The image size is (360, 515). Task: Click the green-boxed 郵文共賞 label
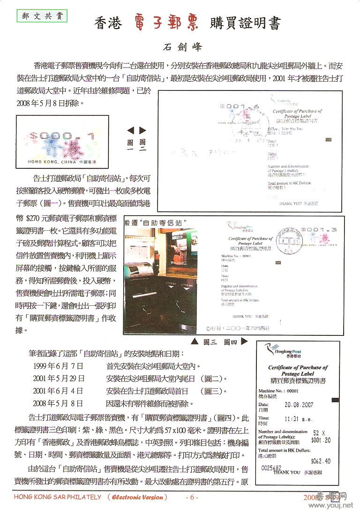42,16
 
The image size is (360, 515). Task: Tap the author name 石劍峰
180,47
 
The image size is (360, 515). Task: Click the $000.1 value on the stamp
62,136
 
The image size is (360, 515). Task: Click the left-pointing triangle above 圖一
131,130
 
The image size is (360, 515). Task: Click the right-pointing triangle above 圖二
142,130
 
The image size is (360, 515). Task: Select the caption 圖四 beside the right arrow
230,342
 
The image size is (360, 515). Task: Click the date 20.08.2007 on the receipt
299,405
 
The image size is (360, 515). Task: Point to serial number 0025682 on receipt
271,468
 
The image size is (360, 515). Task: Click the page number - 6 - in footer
192,497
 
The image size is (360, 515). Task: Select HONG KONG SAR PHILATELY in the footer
57,497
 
